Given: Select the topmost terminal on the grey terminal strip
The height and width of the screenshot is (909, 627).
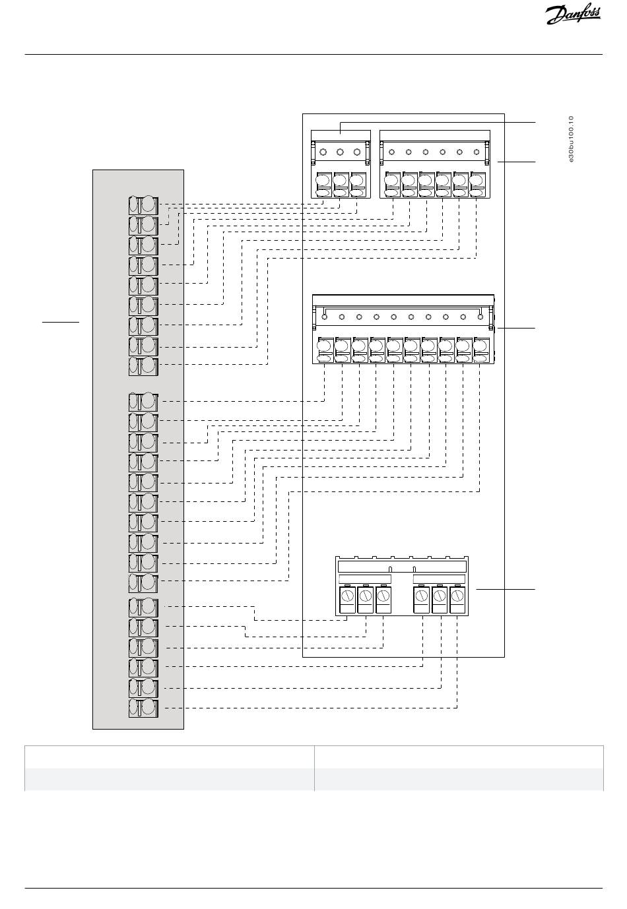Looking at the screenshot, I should [x=143, y=206].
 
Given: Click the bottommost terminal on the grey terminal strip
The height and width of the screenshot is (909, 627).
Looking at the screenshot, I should [x=143, y=708].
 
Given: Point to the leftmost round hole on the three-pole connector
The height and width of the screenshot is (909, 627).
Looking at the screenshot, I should [x=323, y=152].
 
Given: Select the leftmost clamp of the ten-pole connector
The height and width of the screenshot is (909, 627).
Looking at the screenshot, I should [x=325, y=350].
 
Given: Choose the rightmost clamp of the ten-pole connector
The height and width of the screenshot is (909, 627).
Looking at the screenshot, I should [x=480, y=350].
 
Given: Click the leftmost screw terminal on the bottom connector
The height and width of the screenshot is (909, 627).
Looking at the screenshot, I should [x=347, y=600].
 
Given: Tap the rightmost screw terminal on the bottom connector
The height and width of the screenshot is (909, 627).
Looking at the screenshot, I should [x=458, y=600].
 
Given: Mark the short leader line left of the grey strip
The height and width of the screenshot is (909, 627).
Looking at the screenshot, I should [x=61, y=322].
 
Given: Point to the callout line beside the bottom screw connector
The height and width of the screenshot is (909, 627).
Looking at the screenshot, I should [x=506, y=588].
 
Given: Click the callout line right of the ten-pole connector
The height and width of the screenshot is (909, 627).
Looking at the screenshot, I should [x=516, y=328].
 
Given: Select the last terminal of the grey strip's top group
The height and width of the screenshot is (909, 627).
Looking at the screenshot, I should [x=143, y=366].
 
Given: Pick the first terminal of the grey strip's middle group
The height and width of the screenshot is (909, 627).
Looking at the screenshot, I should [x=143, y=402].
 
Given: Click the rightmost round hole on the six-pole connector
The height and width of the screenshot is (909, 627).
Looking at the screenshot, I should [x=477, y=152].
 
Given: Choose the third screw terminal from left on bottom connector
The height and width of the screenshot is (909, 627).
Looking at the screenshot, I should [x=384, y=600].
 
